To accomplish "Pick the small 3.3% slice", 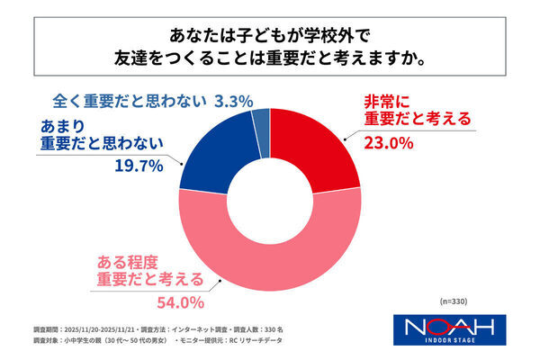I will [x=261, y=120].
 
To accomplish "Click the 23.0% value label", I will [x=387, y=142].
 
